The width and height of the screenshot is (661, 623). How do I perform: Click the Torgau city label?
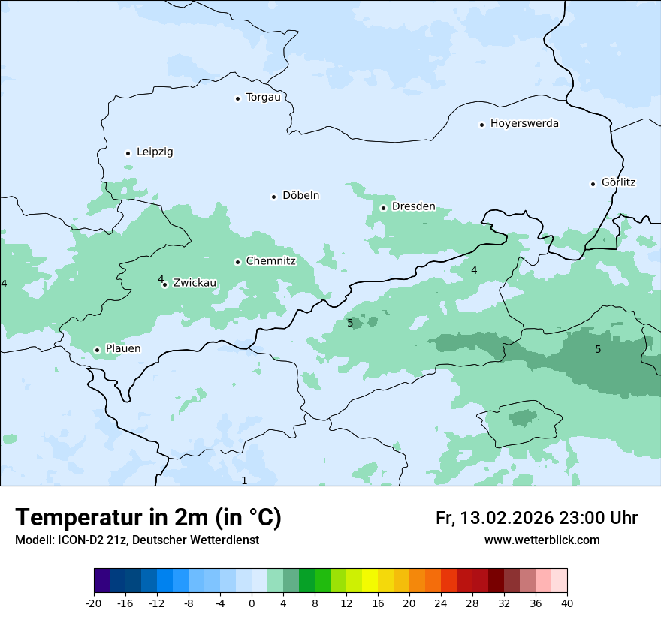tap(263, 98)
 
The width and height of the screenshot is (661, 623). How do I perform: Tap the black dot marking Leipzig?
tap(128, 153)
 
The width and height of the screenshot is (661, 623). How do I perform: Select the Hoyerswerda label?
tap(524, 124)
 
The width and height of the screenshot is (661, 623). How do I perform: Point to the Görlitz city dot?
tap(593, 184)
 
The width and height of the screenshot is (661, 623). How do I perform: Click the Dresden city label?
tap(413, 206)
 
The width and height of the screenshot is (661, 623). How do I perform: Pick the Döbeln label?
tap(300, 196)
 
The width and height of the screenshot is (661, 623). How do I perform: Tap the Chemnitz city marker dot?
tap(237, 263)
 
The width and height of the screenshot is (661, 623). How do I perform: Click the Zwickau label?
tap(195, 284)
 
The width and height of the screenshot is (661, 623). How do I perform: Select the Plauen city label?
tap(122, 349)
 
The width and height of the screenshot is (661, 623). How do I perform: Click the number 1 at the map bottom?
tap(244, 480)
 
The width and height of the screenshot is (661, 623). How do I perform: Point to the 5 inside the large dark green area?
tap(598, 349)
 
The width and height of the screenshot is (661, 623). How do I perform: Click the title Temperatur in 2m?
tap(148, 518)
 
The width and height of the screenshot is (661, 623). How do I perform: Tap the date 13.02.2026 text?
tap(506, 518)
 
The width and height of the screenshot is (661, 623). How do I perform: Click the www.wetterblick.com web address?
tap(542, 540)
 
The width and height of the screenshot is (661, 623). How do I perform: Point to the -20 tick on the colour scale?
tap(94, 603)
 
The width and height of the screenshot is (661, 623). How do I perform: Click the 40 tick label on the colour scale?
tap(567, 603)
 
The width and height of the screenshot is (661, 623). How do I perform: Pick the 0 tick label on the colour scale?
tap(252, 603)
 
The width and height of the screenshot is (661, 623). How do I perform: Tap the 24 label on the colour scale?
tap(441, 603)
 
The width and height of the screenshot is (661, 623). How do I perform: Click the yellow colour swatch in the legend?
tap(370, 581)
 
